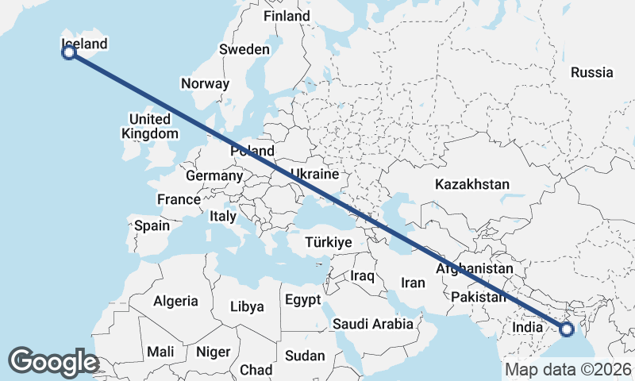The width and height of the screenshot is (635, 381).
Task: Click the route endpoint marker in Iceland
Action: tap(69, 52)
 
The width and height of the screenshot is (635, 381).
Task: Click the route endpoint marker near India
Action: tap(567, 329)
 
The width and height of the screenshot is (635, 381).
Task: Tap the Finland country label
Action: tap(287, 16)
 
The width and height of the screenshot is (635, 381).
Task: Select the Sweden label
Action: tap(244, 49)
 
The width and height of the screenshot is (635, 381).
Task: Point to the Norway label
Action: tap(205, 83)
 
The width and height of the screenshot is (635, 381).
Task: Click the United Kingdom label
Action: tap(149, 126)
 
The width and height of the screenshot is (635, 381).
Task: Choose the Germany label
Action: tap(214, 175)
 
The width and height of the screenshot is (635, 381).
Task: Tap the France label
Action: tap(179, 199)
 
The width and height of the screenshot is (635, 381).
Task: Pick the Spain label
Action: tap(152, 225)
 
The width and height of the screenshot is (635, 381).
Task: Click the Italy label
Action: tap(223, 216)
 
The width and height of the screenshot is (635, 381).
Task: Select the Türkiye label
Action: tap(328, 242)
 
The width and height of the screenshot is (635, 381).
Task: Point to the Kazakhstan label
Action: tap(472, 184)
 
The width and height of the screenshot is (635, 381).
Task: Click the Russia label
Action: tap(592, 72)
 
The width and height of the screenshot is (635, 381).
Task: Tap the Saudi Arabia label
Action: tap(373, 324)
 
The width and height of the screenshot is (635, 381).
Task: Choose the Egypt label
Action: tap(302, 300)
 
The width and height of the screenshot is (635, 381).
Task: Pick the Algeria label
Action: tap(175, 301)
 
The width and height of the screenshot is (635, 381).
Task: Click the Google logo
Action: tap(53, 362)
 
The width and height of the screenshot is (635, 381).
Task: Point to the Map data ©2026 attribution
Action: tap(568, 370)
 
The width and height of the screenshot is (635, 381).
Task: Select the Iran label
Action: tap(414, 283)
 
